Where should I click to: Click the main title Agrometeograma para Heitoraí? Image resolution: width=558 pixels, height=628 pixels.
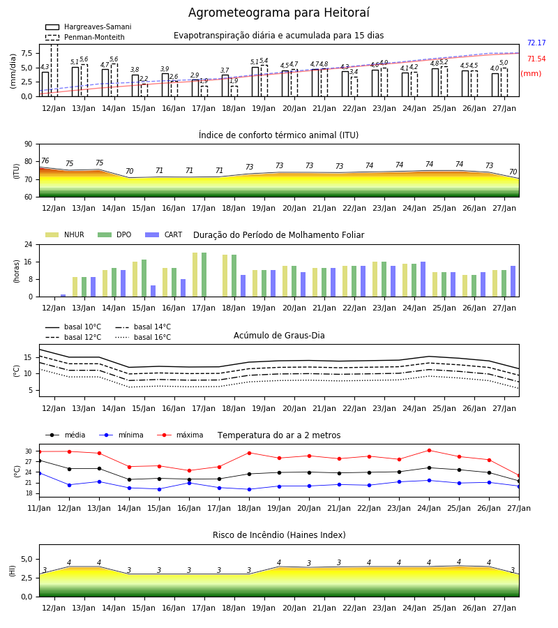coord(278,13)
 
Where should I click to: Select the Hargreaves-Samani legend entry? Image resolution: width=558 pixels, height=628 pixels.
coord(88,27)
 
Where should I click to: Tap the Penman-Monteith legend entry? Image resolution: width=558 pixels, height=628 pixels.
coord(85,37)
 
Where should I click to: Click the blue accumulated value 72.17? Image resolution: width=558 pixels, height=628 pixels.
coord(536,43)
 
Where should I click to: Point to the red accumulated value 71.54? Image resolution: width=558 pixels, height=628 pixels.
coord(536,59)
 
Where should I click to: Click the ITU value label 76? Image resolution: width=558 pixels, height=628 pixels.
coord(45,160)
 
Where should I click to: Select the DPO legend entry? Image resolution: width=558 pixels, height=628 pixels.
coord(114,234)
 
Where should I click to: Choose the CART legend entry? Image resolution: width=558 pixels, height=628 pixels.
coord(164,234)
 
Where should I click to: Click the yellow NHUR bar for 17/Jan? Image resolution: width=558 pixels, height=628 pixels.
coord(195,275)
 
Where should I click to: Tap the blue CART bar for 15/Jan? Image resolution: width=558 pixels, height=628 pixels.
coord(153,291)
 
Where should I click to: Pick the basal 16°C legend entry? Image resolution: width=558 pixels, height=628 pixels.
coord(143,337)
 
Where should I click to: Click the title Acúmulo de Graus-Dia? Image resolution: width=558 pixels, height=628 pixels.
coord(279,336)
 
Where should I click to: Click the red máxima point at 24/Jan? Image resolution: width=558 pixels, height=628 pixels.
coord(429,451)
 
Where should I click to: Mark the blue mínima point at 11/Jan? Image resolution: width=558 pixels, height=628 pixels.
coord(39,473)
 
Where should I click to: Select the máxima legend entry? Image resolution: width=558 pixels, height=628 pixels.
coord(180,435)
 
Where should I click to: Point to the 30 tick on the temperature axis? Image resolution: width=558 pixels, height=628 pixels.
coord(29,451)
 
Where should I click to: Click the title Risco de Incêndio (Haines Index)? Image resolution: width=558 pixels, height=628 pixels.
coord(279,535)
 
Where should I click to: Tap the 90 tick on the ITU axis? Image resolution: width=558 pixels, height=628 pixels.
coord(29,144)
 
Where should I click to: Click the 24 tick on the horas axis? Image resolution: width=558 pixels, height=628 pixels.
coord(29,244)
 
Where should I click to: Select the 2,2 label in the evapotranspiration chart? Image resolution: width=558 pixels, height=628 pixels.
coord(144,79)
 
